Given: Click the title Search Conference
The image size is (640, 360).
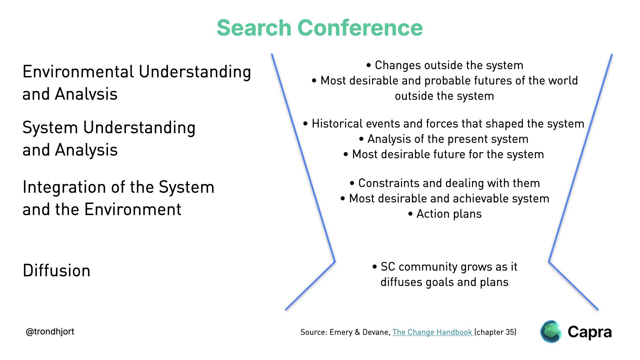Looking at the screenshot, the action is pyautogui.click(x=320, y=28).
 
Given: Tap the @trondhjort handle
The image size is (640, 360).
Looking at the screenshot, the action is pyautogui.click(x=50, y=332).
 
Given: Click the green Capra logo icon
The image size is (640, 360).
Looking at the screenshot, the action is pyautogui.click(x=551, y=332).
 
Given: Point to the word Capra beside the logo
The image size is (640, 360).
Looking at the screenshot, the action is pyautogui.click(x=590, y=332).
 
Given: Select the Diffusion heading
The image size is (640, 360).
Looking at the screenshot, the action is pyautogui.click(x=56, y=270).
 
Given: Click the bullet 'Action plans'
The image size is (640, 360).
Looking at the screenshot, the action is pyautogui.click(x=445, y=214).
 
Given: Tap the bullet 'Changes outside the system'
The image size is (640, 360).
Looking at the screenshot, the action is pyautogui.click(x=445, y=65).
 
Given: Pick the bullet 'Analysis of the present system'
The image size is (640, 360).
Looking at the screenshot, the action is pyautogui.click(x=444, y=139).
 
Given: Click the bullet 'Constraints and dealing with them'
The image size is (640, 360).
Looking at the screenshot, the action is pyautogui.click(x=445, y=183).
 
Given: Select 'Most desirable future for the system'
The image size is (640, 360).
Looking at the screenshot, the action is pyautogui.click(x=444, y=154).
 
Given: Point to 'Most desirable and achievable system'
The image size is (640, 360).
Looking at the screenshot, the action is pyautogui.click(x=445, y=198).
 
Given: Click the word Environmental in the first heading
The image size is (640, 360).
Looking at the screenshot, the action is pyautogui.click(x=78, y=72).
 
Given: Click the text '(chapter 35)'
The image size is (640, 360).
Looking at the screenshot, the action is pyautogui.click(x=495, y=332).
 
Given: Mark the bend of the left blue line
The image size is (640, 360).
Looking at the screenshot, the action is pyautogui.click(x=335, y=261).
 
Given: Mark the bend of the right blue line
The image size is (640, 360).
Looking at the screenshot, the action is pyautogui.click(x=549, y=262).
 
